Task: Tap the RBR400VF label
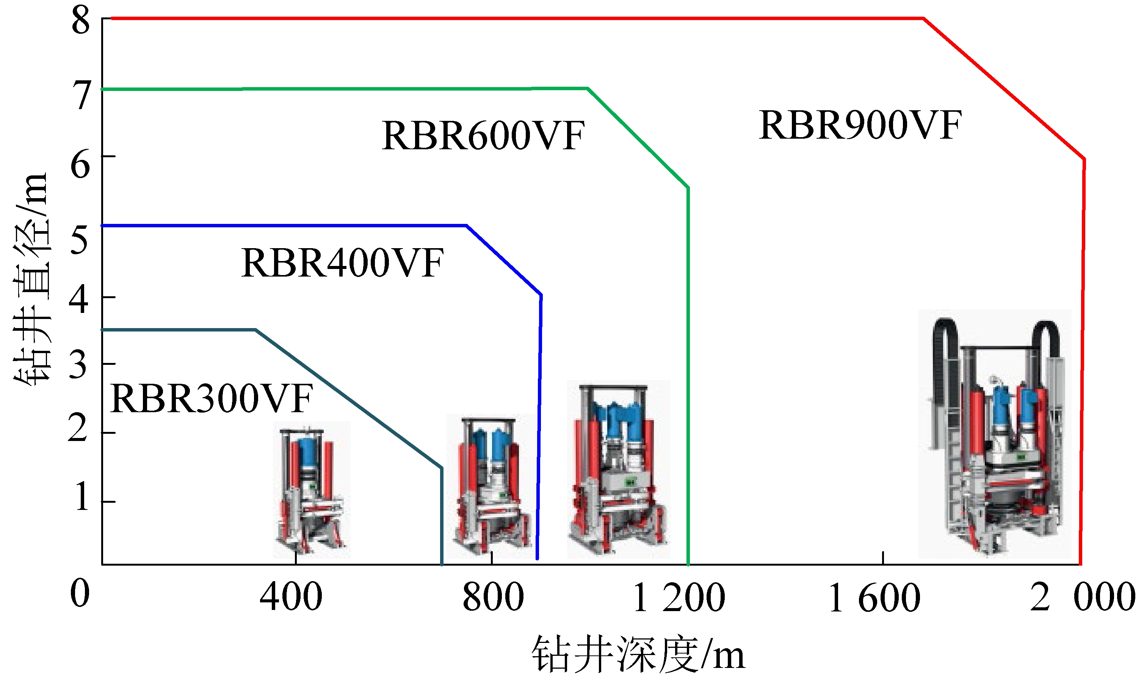pyautogui.click(x=342, y=263)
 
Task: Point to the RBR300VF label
pyautogui.click(x=212, y=398)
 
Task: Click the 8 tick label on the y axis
pyautogui.click(x=81, y=21)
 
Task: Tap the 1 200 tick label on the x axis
pyautogui.click(x=679, y=598)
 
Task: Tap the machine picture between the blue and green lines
pyautogui.click(x=619, y=469)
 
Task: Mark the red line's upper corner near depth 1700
pyautogui.click(x=924, y=19)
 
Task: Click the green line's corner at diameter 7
pyautogui.click(x=588, y=88)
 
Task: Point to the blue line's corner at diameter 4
pyautogui.click(x=541, y=294)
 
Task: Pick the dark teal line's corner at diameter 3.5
pyautogui.click(x=255, y=330)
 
